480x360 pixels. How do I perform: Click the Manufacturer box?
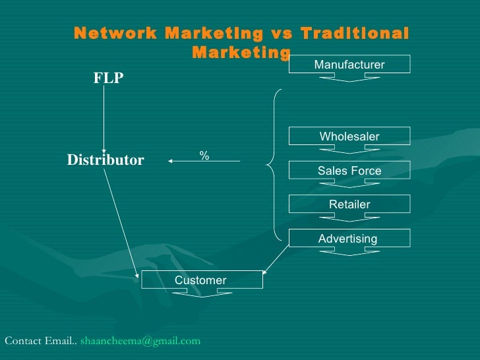(349, 64)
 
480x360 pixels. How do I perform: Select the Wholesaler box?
(349, 136)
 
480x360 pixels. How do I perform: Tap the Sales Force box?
(349, 171)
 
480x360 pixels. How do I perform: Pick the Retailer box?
(349, 204)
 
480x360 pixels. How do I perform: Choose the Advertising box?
(348, 238)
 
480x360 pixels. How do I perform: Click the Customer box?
(201, 280)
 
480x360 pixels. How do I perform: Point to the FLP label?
(108, 78)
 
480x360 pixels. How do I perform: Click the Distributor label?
(105, 160)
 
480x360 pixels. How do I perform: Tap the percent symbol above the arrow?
(204, 156)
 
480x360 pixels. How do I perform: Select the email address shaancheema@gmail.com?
(140, 341)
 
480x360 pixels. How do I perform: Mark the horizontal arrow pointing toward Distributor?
(204, 161)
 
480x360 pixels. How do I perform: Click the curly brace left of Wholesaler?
(272, 162)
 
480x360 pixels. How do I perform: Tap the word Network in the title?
(114, 34)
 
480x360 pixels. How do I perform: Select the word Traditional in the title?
(354, 34)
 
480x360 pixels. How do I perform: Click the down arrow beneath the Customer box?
(201, 294)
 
